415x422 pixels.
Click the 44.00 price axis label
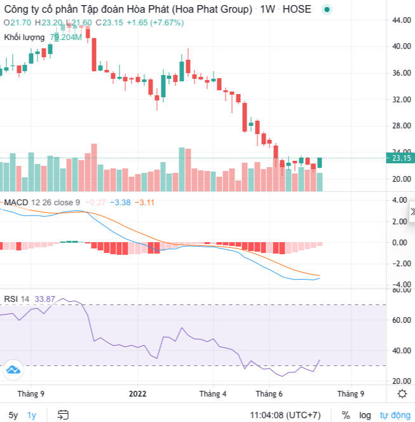tap(400, 20)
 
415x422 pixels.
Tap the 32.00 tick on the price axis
tap(400, 99)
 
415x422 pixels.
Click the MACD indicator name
tap(18, 203)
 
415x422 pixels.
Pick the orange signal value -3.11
tap(146, 203)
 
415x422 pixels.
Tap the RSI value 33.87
tap(45, 299)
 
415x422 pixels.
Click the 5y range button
tap(13, 415)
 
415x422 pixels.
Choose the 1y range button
tap(32, 415)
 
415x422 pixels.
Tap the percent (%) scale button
tap(346, 415)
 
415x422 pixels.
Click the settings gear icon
tap(402, 393)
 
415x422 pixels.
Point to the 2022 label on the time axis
tap(138, 393)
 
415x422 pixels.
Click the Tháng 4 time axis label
tap(213, 393)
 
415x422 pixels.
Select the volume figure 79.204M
tap(66, 37)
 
